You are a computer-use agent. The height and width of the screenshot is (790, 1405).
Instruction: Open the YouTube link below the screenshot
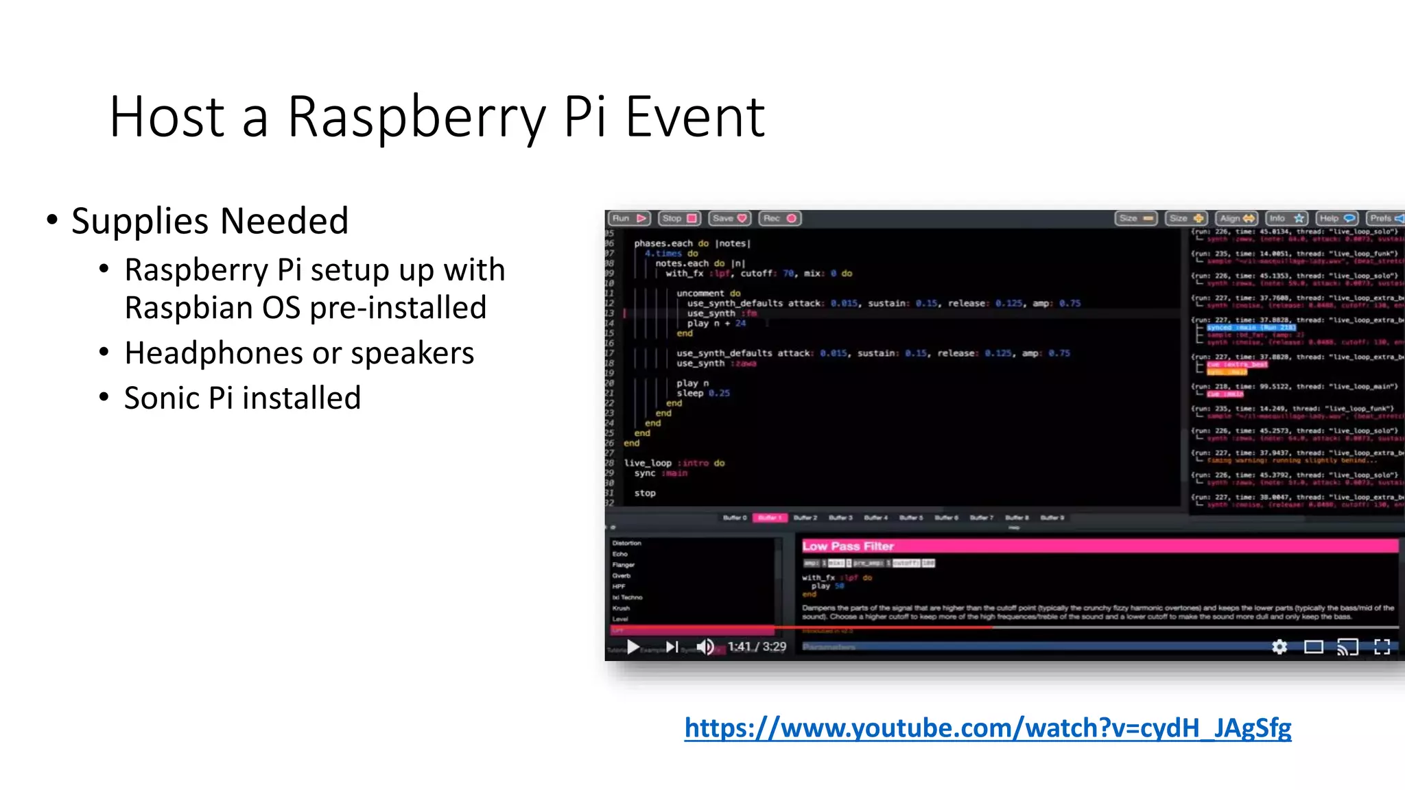click(987, 728)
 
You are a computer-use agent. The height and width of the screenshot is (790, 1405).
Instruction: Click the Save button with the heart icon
click(729, 219)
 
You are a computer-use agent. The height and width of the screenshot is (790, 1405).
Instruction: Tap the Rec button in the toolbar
click(780, 219)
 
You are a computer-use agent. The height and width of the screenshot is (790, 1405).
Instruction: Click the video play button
click(633, 647)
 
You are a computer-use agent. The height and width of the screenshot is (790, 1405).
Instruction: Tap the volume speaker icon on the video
click(705, 647)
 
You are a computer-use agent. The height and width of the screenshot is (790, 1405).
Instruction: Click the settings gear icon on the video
click(1279, 647)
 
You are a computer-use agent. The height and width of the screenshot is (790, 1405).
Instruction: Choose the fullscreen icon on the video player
click(1382, 647)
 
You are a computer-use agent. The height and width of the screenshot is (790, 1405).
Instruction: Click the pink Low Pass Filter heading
click(848, 547)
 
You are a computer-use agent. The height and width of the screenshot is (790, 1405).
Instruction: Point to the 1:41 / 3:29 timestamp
click(757, 647)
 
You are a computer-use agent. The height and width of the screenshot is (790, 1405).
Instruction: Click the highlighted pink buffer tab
click(770, 518)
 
